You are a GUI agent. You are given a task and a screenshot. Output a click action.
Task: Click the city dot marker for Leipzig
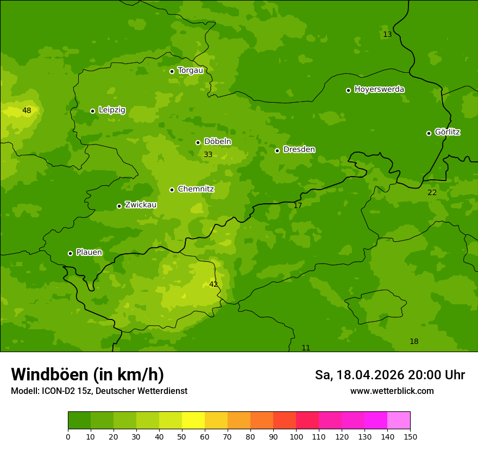coord(92,111)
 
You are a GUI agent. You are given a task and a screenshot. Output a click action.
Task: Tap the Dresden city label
coord(299,149)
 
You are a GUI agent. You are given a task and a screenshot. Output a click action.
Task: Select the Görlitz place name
coord(448,132)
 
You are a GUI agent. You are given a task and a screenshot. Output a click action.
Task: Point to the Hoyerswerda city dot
coord(348,90)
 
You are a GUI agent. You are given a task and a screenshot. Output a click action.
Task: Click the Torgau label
coord(190,70)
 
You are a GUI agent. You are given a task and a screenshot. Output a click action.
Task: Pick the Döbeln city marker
coord(198,142)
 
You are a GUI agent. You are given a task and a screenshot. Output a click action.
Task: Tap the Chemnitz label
coord(196,189)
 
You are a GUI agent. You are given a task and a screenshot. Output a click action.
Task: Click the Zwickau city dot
coord(119,206)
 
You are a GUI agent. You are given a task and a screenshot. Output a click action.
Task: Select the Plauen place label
coord(89,252)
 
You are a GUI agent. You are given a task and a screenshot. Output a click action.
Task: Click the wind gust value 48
coord(27,111)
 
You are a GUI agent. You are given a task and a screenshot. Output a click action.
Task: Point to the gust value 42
coord(213,284)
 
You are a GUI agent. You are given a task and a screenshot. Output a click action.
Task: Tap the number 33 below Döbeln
coord(208,155)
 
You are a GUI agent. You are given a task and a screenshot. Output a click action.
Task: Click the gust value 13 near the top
coord(387,35)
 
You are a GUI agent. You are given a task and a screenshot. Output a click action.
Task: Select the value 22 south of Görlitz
coord(432,193)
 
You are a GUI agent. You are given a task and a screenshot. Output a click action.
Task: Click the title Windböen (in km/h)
coord(87,374)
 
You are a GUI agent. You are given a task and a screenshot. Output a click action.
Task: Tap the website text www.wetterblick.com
coord(392,391)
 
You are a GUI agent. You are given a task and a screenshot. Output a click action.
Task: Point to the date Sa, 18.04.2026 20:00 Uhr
coord(389,375)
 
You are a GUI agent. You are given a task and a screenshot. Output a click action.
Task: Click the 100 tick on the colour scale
coord(296,436)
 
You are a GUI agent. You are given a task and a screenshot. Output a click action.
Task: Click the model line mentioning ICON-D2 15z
coord(99,391)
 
